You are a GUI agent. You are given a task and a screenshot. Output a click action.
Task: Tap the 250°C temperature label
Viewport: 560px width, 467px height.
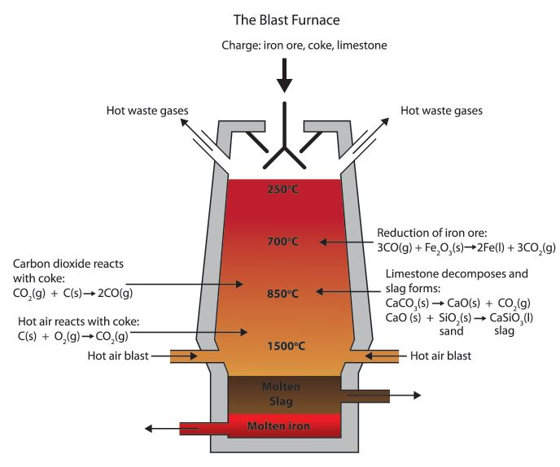(284, 190)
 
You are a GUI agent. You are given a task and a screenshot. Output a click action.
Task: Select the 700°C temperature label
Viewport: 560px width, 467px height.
(284, 242)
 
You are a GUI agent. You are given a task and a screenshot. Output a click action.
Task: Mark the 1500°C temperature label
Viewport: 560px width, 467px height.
(284, 346)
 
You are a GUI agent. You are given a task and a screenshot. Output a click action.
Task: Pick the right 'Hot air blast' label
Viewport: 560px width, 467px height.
(440, 356)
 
